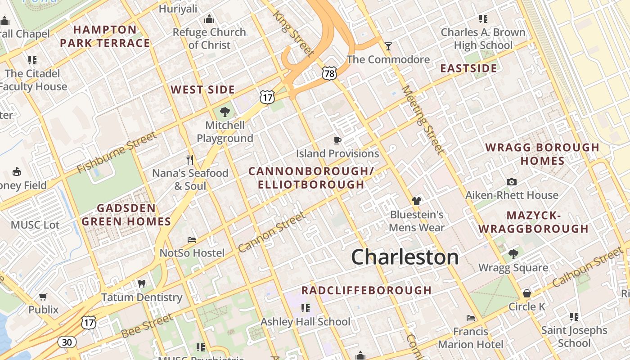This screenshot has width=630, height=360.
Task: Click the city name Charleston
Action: tap(405, 257)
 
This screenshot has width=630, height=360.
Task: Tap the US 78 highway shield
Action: tap(329, 73)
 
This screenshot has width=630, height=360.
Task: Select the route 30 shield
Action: tap(67, 342)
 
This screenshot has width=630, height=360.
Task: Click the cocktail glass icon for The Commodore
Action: tap(388, 46)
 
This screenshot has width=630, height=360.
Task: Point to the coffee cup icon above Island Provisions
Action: tap(337, 141)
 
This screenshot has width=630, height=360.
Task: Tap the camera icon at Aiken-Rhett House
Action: tap(511, 182)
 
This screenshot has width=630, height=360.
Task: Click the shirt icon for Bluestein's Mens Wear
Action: tap(416, 201)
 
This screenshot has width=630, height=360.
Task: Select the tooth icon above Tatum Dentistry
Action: tap(141, 284)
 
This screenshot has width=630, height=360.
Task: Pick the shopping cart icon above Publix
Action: tap(43, 297)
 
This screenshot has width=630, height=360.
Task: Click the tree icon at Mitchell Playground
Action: tap(225, 112)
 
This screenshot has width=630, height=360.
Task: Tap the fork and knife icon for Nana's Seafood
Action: tap(190, 159)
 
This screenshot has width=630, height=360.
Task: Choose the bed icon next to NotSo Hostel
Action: tap(192, 240)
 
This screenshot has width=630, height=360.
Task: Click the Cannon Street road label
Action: tap(272, 232)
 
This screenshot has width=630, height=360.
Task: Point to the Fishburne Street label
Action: tap(117, 153)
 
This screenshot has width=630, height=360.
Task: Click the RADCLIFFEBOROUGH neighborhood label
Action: tap(366, 290)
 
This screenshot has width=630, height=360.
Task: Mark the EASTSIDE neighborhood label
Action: tap(468, 68)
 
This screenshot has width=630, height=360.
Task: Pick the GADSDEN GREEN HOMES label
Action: tap(126, 215)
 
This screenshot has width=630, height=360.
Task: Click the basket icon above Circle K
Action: tap(526, 293)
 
